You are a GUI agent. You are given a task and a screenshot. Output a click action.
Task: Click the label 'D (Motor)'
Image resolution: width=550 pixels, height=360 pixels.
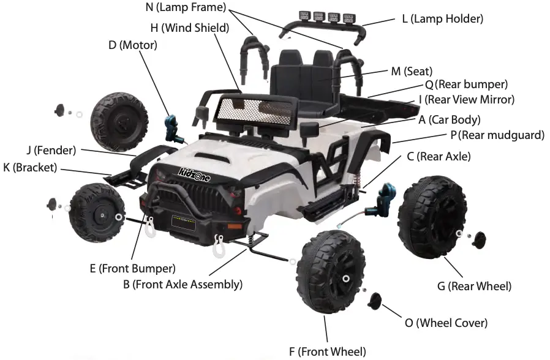pyautogui.click(x=133, y=45)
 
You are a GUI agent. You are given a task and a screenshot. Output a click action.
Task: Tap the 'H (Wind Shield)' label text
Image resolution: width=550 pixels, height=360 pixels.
pyautogui.click(x=189, y=28)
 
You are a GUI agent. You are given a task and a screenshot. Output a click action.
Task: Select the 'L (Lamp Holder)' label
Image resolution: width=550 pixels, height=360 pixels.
pyautogui.click(x=442, y=19)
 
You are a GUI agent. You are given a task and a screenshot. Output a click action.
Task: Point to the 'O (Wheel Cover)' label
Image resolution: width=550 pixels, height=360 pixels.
pyautogui.click(x=451, y=323)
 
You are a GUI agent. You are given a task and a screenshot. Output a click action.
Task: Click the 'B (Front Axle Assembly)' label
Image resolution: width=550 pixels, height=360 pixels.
pyautogui.click(x=182, y=284)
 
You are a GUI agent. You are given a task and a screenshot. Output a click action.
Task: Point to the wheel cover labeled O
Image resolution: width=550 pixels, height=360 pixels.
pyautogui.click(x=375, y=301)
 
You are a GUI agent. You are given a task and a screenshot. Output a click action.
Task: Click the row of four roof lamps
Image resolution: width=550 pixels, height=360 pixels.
pyautogui.click(x=318, y=15)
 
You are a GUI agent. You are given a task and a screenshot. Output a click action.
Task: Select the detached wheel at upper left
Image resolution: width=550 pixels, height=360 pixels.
pyautogui.click(x=119, y=121)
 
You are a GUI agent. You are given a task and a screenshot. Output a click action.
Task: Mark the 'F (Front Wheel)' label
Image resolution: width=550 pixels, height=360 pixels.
pyautogui.click(x=327, y=351)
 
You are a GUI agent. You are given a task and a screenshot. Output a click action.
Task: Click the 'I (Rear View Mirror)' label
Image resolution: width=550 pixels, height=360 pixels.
pyautogui.click(x=466, y=99)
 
